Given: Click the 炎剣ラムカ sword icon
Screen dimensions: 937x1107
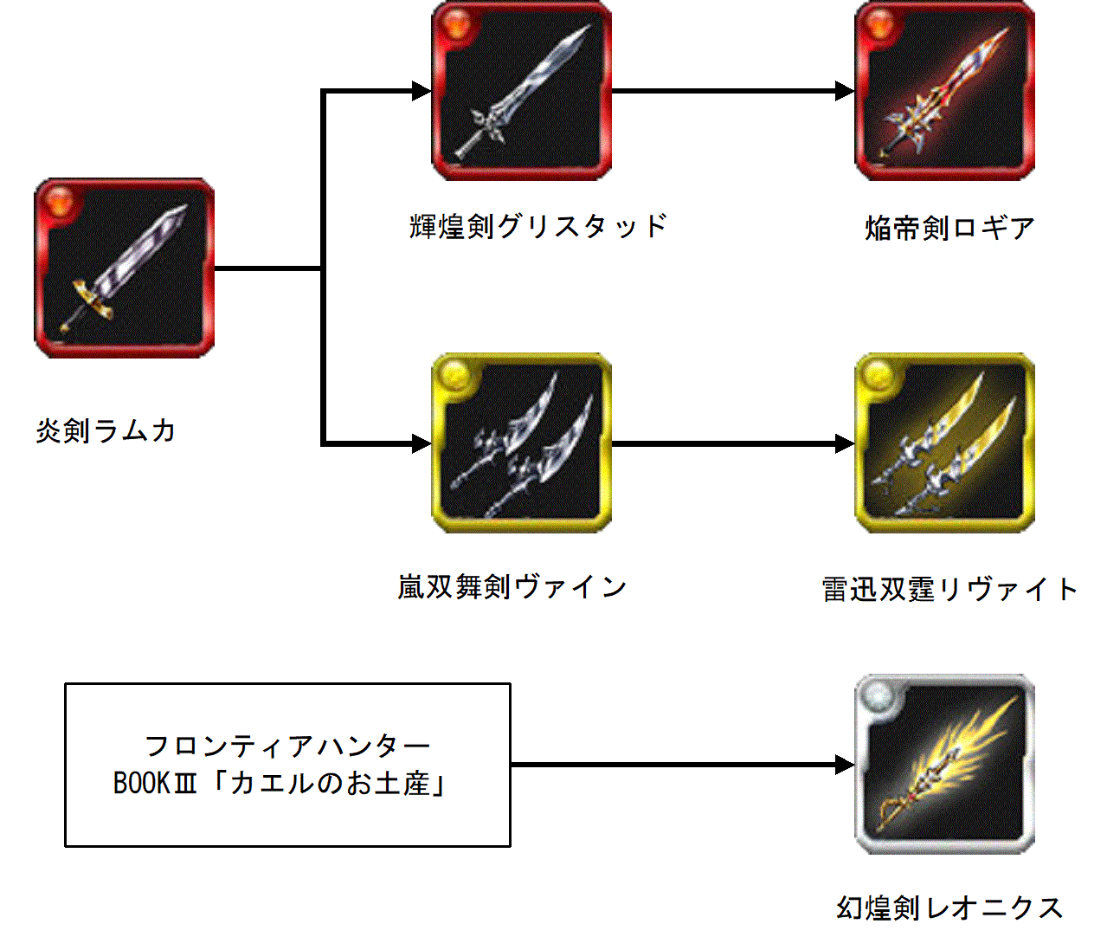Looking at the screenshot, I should [125, 268].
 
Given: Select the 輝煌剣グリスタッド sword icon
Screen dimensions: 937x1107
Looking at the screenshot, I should [521, 91].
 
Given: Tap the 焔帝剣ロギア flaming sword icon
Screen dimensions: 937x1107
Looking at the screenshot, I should [945, 91].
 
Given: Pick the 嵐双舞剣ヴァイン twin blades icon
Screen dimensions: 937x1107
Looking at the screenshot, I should [521, 443].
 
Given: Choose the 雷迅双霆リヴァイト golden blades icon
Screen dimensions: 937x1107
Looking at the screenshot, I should [945, 443].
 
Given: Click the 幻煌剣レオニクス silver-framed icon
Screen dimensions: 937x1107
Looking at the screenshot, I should [945, 765].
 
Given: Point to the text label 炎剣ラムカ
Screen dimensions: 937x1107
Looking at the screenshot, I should [106, 430].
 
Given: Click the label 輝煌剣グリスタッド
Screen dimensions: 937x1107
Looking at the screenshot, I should [538, 226].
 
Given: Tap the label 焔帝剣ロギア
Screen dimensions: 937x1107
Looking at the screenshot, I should [949, 228].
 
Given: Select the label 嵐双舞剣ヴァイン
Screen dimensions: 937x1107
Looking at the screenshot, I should [512, 587].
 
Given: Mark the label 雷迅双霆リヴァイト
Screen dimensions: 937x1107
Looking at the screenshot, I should [949, 590].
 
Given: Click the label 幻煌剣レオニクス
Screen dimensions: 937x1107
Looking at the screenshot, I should [949, 908].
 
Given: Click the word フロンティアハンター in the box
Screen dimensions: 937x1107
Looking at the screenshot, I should [287, 746].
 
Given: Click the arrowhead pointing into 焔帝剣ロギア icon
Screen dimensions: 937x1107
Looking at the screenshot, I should [846, 91].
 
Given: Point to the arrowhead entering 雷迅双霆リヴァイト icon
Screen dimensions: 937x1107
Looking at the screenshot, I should [846, 443].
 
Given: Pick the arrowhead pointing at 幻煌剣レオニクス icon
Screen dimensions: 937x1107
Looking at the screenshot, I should [846, 765].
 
